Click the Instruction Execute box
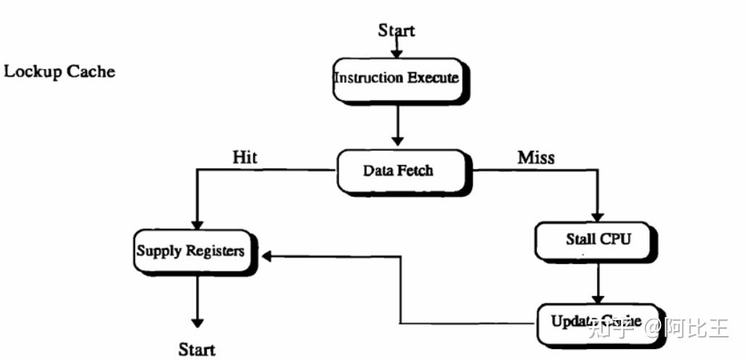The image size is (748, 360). [x=396, y=78]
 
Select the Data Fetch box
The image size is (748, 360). [x=398, y=171]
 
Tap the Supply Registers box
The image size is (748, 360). [x=190, y=251]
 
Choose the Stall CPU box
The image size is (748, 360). [x=598, y=239]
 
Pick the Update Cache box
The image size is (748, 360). [x=595, y=321]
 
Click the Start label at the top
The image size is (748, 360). [x=397, y=30]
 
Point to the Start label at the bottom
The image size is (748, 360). [x=197, y=349]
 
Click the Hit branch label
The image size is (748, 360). [x=245, y=157]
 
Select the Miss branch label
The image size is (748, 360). [x=536, y=157]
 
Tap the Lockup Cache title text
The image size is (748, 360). [x=60, y=71]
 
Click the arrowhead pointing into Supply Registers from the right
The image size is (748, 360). [x=267, y=256]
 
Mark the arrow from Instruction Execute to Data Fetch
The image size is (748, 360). [x=397, y=126]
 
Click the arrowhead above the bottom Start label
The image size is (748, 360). [x=196, y=323]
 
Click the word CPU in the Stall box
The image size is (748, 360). [x=615, y=239]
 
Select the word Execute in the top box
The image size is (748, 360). [x=433, y=78]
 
